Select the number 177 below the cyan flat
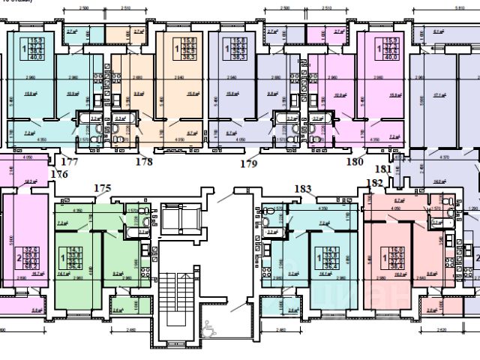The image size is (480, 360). coord(70,161)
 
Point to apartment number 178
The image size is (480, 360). coord(143,161)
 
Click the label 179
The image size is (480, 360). coord(249,163)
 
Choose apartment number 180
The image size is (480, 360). coord(354,161)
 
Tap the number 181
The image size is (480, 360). coord(383,169)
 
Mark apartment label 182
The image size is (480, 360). coord(373,182)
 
